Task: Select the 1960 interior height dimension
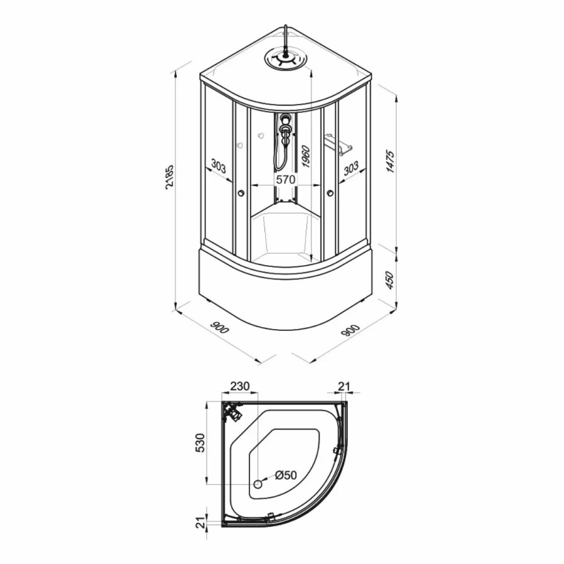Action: [305, 156]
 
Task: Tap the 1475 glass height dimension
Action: [390, 162]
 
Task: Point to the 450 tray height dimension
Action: [390, 280]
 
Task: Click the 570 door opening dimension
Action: [285, 179]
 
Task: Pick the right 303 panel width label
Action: [351, 167]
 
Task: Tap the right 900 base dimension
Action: [350, 330]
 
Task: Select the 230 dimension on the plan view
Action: [239, 386]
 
